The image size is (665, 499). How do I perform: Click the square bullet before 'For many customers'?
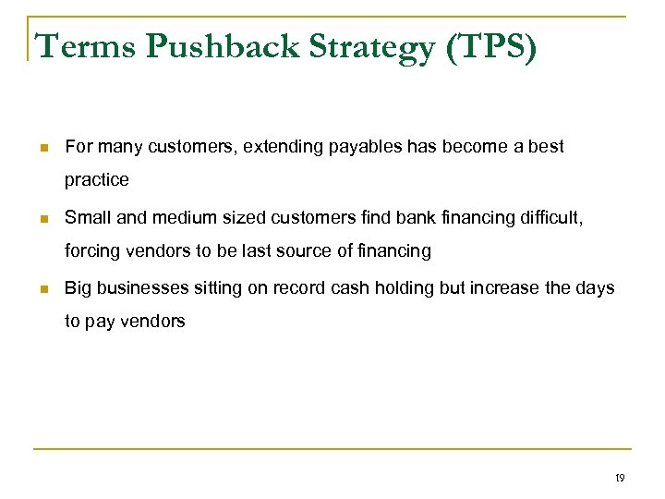pyautogui.click(x=42, y=147)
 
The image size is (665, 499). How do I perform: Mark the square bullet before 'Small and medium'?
pyautogui.click(x=42, y=218)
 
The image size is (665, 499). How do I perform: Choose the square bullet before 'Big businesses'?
pyautogui.click(x=42, y=289)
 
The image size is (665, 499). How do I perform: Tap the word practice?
pyautogui.click(x=97, y=180)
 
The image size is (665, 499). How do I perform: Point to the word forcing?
pyautogui.click(x=92, y=250)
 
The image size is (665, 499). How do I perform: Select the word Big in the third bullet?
pyautogui.click(x=78, y=288)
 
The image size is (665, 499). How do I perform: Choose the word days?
pyautogui.click(x=595, y=288)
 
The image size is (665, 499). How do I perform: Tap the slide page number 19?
pyautogui.click(x=619, y=478)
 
